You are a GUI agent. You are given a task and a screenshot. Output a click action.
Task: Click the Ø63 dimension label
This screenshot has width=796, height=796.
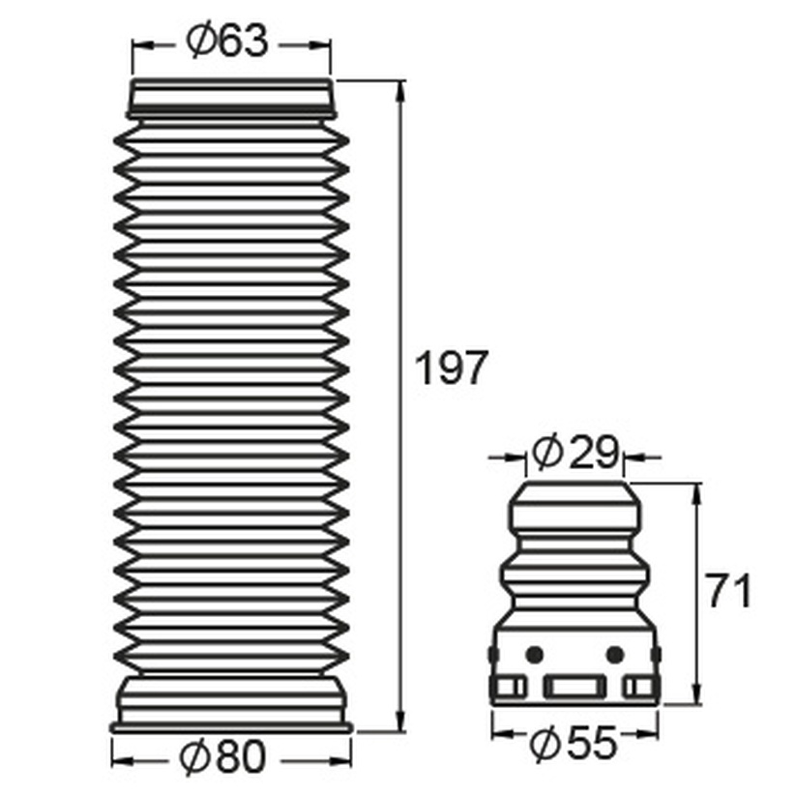226,41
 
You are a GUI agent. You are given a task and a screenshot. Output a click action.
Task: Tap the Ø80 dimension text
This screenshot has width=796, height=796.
222,756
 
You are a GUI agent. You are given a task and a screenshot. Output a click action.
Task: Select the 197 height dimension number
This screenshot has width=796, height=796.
452,367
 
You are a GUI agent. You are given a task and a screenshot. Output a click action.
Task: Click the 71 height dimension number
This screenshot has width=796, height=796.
729,590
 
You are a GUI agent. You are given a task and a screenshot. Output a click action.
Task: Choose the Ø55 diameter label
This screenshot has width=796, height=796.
574,744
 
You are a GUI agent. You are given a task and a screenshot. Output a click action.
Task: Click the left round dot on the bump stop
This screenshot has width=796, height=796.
534,655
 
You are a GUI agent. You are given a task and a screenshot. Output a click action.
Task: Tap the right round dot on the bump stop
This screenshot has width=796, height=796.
615,655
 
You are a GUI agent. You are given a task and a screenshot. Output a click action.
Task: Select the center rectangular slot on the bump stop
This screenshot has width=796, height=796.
575,687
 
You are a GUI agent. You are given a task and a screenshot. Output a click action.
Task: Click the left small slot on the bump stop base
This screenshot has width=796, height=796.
510,687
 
